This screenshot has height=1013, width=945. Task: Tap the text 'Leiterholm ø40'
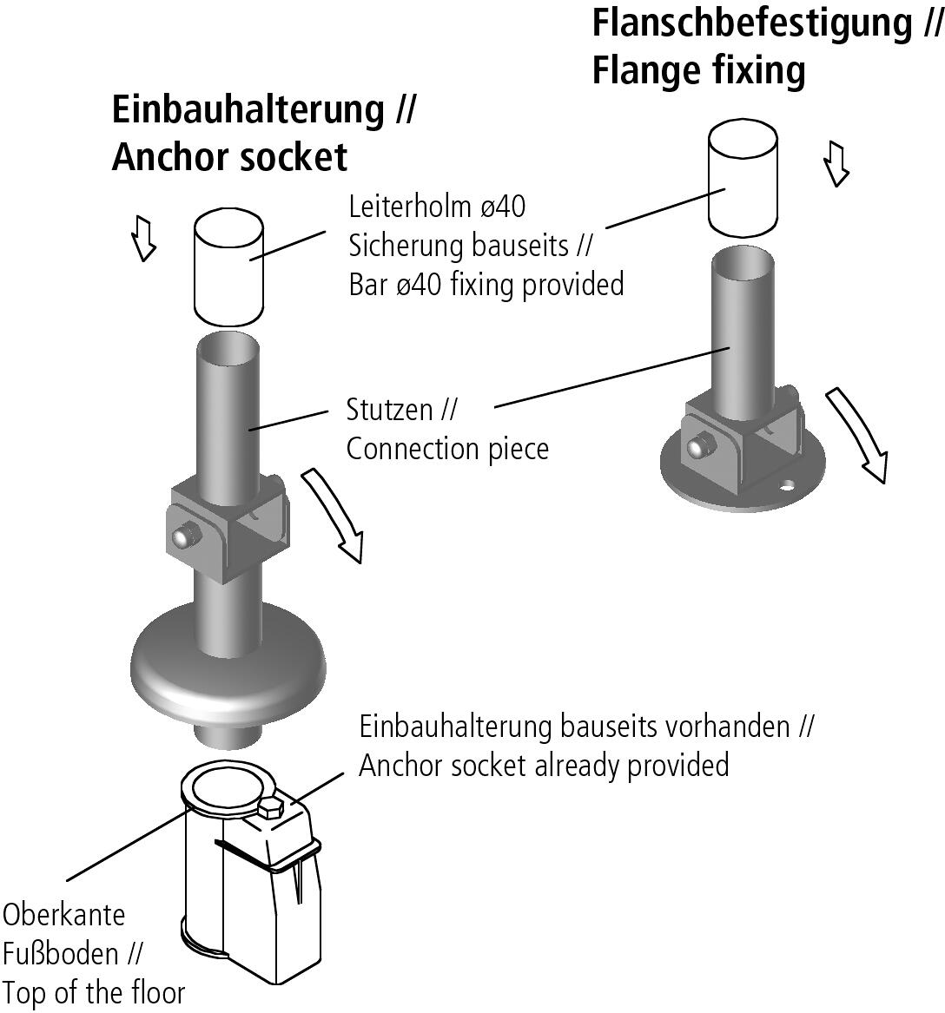pyautogui.click(x=437, y=207)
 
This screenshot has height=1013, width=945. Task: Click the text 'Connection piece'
pyautogui.click(x=447, y=449)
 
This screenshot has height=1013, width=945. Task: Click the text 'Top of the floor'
pyautogui.click(x=93, y=992)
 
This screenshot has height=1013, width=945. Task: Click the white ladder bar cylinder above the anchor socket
pyautogui.click(x=228, y=264)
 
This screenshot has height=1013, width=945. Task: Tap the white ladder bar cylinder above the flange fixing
pyautogui.click(x=743, y=178)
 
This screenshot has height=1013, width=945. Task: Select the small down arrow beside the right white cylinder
pyautogui.click(x=836, y=165)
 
